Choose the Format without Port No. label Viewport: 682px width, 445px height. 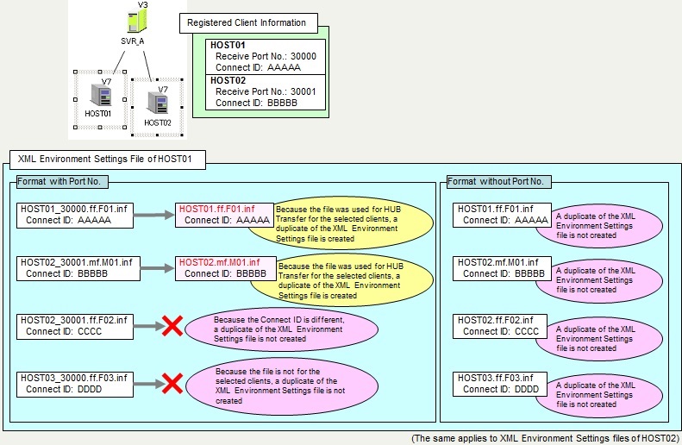pyautogui.click(x=498, y=181)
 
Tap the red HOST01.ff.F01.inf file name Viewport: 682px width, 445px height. pyautogui.click(x=216, y=210)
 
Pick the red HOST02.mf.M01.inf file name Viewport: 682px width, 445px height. pyautogui.click(x=225, y=262)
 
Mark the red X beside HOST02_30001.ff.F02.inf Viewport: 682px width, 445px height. pyautogui.click(x=172, y=326)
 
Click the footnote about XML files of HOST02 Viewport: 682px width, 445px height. pyautogui.click(x=544, y=438)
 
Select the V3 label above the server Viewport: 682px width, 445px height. pyautogui.click(x=142, y=4)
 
